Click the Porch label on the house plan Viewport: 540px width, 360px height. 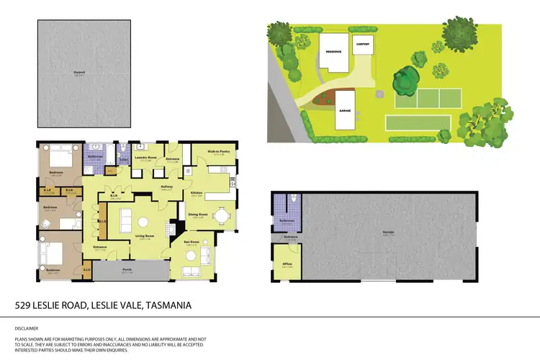(x=127, y=271)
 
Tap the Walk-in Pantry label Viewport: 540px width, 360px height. (x=217, y=152)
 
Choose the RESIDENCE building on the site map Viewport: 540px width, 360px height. (x=333, y=52)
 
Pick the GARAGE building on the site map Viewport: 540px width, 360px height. (x=345, y=110)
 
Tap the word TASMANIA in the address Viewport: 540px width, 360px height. (x=168, y=305)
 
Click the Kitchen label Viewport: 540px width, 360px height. (x=196, y=192)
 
